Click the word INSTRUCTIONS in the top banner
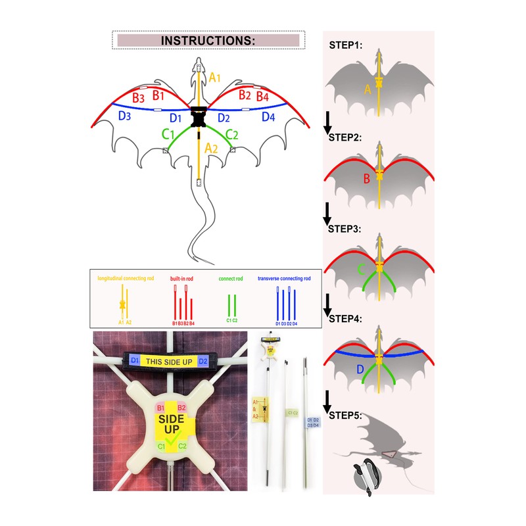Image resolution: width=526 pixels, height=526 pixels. [x=208, y=40]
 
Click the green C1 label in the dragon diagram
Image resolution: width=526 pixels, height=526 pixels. [x=168, y=135]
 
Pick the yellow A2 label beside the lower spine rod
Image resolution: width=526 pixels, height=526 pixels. [x=212, y=149]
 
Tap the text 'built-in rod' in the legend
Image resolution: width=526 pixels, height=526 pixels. [x=182, y=279]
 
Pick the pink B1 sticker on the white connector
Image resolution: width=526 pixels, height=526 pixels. [x=160, y=408]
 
